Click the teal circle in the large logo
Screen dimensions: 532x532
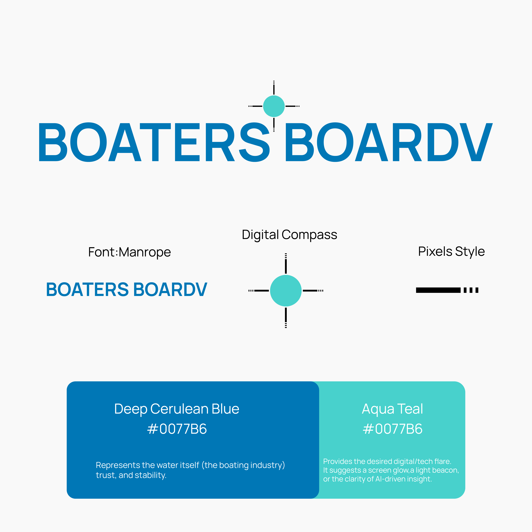point(274,106)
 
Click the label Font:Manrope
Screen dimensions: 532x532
point(129,252)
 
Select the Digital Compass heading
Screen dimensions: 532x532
point(289,235)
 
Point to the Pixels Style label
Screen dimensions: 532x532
point(451,251)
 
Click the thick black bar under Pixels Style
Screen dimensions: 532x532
point(438,290)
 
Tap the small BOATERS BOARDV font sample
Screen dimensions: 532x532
point(126,289)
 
